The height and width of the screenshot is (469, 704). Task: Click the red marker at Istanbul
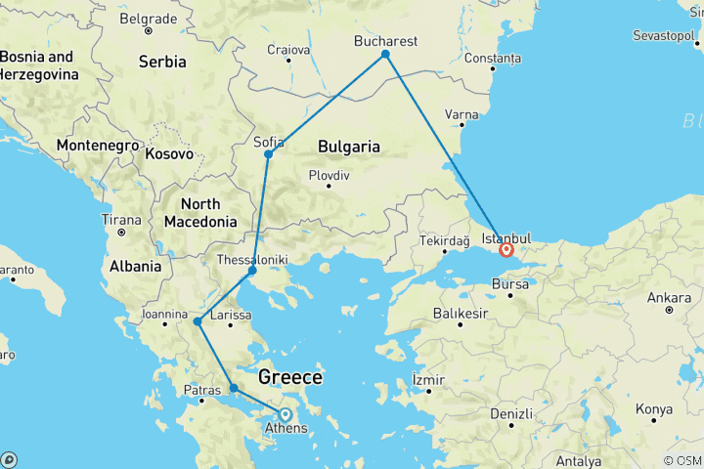point(506,249)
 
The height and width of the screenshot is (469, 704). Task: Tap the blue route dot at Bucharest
point(385,54)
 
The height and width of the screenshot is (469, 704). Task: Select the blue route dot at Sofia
point(268,153)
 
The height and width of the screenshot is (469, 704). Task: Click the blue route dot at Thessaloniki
point(252,270)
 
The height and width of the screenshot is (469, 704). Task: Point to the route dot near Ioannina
point(198,320)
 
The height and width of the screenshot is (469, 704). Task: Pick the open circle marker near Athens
point(286,413)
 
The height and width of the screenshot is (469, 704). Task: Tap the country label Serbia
point(161,62)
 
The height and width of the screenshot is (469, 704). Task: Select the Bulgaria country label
point(348,147)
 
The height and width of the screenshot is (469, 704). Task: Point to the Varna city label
point(462,114)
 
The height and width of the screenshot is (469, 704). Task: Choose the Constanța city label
point(494,59)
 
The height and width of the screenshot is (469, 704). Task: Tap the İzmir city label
point(428,379)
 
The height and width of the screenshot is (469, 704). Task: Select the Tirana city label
point(121,220)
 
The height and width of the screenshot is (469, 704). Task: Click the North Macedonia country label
point(200,212)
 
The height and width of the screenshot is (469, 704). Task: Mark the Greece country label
point(289,377)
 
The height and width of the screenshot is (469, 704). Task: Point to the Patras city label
point(202,390)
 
